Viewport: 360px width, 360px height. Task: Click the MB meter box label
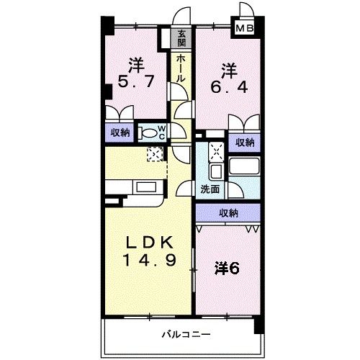(245, 29)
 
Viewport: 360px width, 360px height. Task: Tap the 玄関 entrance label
(181, 38)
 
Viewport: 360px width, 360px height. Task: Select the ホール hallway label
(181, 68)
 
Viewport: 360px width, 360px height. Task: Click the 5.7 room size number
(135, 82)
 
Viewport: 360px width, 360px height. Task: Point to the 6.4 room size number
(229, 87)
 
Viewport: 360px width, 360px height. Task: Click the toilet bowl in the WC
(149, 133)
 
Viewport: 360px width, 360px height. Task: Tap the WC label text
(162, 132)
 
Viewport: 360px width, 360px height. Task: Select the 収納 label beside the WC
(120, 132)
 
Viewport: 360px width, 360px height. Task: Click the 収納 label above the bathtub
(245, 143)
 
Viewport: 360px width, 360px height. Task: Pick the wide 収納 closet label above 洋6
(228, 213)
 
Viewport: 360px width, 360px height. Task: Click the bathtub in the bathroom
(244, 166)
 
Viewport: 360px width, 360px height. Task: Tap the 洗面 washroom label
(210, 189)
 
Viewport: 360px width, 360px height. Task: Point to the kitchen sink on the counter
(146, 187)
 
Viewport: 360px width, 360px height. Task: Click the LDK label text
(150, 243)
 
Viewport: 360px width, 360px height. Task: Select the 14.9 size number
(150, 260)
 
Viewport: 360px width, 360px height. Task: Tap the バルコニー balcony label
(186, 334)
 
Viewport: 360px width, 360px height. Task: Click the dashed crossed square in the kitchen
(155, 154)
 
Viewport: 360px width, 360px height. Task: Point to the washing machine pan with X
(217, 151)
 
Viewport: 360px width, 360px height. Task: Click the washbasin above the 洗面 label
(216, 171)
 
